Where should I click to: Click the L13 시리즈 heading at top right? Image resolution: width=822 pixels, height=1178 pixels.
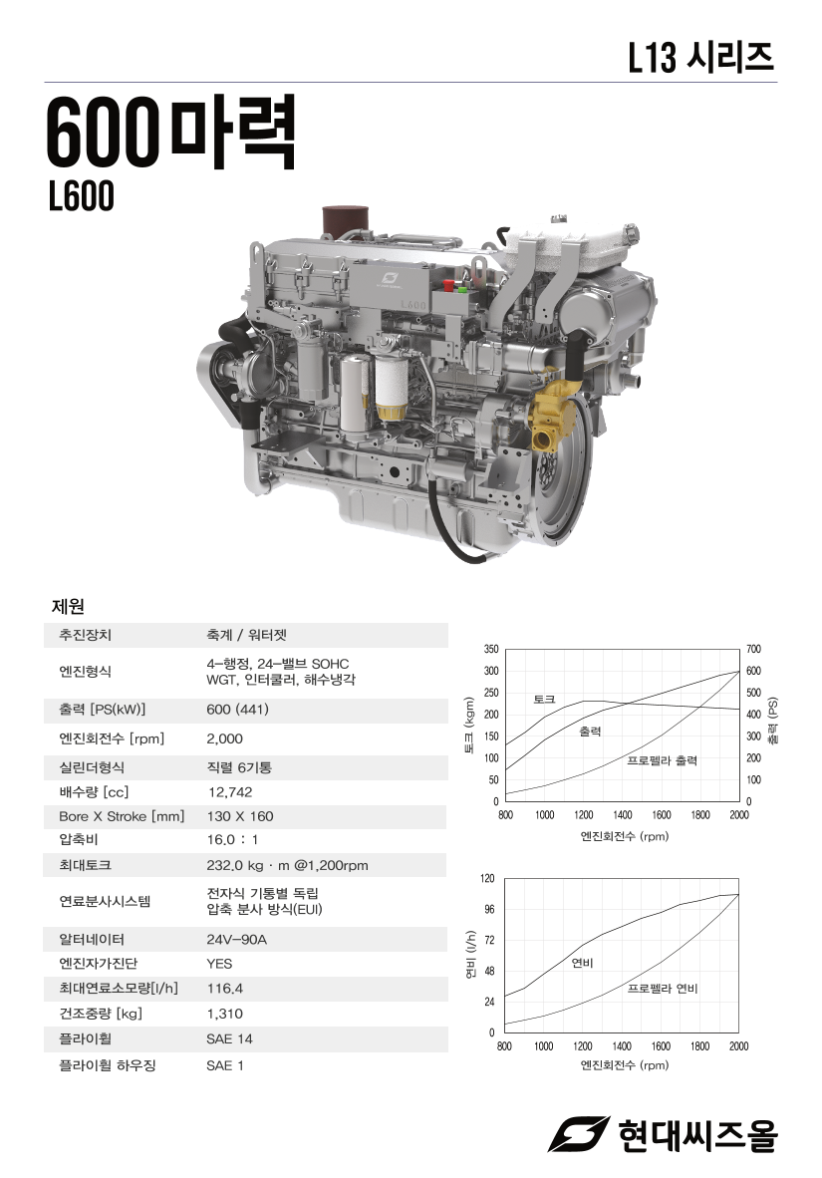(x=701, y=57)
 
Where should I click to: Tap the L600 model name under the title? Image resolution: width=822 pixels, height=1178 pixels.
(x=81, y=196)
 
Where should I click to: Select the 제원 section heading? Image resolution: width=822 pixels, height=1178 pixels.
(x=68, y=606)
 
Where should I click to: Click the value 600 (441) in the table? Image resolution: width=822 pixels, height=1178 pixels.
(x=237, y=710)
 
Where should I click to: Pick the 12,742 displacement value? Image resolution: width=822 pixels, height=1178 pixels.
(x=230, y=792)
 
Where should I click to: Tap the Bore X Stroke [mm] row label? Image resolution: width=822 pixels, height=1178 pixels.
(x=122, y=816)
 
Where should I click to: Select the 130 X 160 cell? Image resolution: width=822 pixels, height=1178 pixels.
(x=240, y=816)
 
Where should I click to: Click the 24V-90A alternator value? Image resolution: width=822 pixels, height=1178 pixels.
(x=237, y=939)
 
